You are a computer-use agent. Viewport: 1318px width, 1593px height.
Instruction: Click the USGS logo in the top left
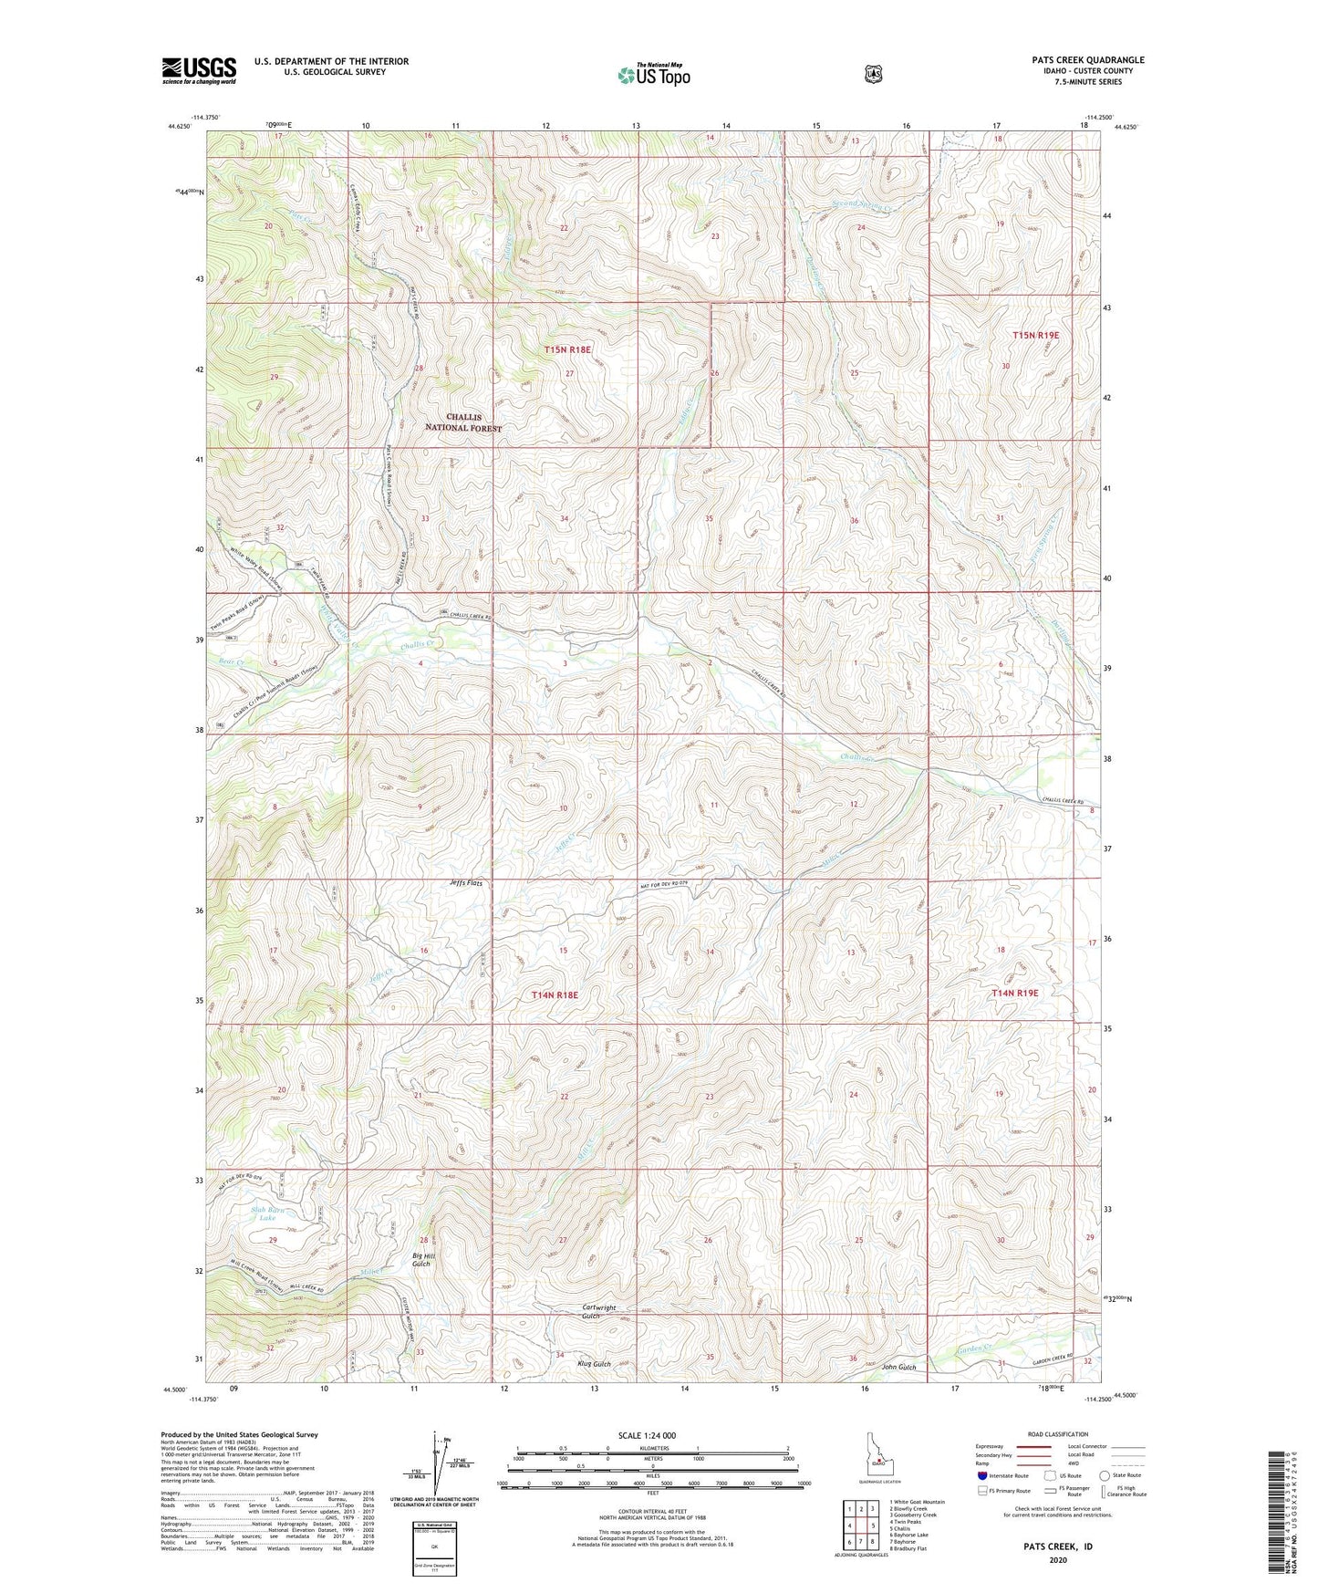[199, 70]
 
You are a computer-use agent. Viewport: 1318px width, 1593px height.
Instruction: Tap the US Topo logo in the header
[653, 75]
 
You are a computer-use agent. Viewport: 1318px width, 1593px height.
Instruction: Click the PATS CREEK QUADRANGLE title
[1082, 60]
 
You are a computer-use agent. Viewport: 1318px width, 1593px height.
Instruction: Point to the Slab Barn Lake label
[267, 1213]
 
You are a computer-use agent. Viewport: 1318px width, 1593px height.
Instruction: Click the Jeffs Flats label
[466, 883]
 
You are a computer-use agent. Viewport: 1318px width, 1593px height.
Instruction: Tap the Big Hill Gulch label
[420, 1260]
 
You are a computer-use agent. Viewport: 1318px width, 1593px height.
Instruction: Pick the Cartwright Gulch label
[599, 1312]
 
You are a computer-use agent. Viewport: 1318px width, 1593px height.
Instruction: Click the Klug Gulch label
[594, 1364]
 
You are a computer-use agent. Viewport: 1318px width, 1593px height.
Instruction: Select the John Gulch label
[898, 1367]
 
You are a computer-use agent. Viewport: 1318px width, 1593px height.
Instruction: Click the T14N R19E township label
[1014, 993]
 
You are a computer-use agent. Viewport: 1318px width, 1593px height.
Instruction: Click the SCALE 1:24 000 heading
[647, 1435]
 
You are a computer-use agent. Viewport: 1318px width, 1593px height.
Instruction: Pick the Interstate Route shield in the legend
[981, 1475]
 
